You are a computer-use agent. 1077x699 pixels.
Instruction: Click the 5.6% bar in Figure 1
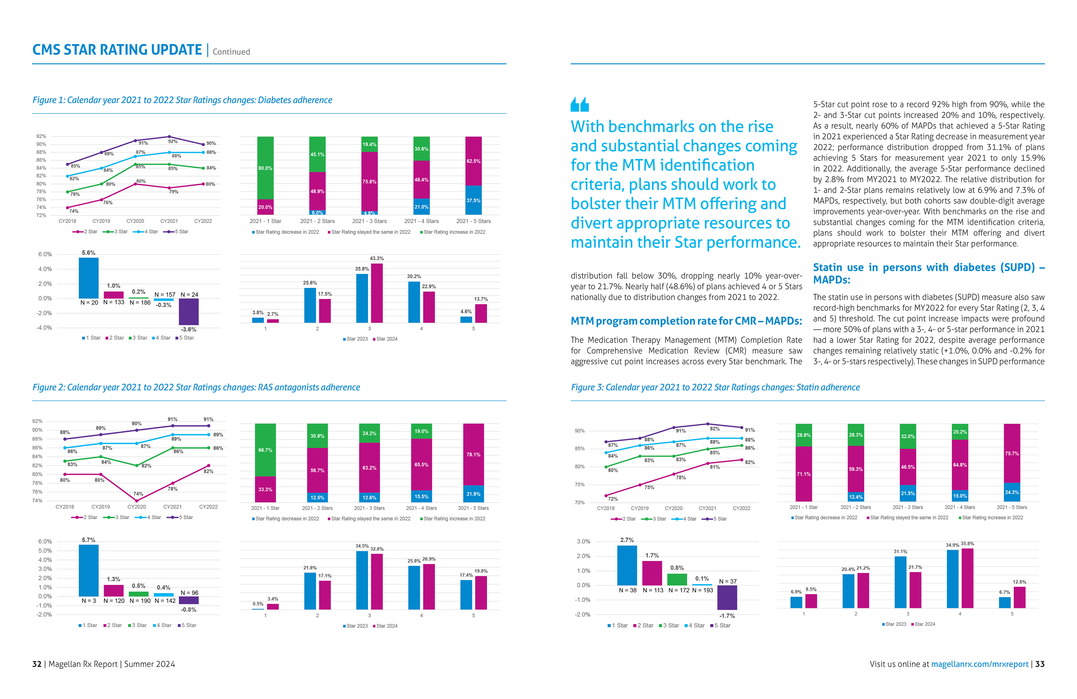pos(89,278)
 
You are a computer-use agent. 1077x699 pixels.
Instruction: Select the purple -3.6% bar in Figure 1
pos(189,311)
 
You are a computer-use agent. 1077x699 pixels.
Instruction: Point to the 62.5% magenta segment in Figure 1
pos(473,161)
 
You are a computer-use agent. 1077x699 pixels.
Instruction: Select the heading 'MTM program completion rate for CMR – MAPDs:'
pos(686,321)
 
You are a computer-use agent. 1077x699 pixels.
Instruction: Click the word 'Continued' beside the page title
pos(231,52)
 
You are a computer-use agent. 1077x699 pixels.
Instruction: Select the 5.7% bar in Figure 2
pos(89,571)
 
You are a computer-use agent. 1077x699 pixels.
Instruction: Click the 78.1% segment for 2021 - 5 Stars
pos(473,454)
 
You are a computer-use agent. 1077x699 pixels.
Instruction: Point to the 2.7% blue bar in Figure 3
pos(627,565)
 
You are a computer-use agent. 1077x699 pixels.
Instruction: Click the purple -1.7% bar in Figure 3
pos(727,597)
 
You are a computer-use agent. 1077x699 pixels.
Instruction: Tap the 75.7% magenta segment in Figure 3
pos(1012,453)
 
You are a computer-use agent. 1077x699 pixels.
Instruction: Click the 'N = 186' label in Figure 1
pos(140,302)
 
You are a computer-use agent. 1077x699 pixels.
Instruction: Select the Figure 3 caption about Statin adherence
pos(715,388)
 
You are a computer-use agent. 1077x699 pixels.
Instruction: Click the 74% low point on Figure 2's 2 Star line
pos(137,501)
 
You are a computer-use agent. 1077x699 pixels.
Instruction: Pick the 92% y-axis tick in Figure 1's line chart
pos(41,136)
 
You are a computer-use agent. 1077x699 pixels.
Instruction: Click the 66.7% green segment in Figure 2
pos(265,450)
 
